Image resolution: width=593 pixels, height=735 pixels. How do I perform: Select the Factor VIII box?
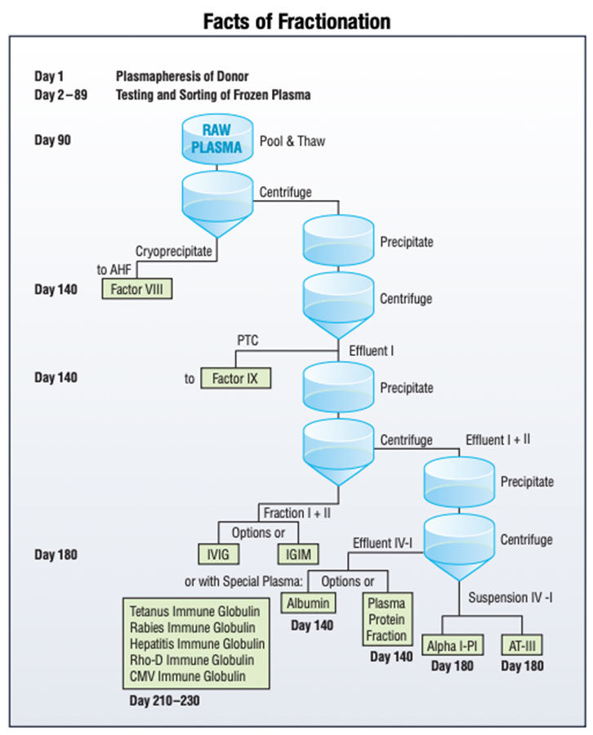click(137, 288)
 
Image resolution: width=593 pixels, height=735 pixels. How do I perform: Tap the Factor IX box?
click(235, 378)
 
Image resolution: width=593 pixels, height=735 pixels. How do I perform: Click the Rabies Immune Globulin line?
click(192, 627)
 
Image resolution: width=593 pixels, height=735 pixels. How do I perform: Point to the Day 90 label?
click(53, 140)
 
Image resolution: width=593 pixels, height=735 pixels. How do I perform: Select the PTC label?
click(247, 340)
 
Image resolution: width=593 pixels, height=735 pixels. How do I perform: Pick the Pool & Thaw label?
click(292, 140)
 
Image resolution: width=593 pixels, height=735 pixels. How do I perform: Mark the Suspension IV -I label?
click(510, 597)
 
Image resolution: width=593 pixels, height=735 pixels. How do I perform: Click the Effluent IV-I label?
click(385, 542)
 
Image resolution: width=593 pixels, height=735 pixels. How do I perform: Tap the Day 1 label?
click(50, 76)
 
